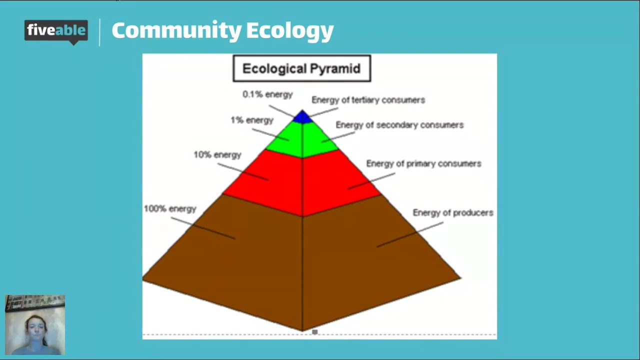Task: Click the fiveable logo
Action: pyautogui.click(x=56, y=31)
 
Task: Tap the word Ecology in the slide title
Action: pyautogui.click(x=289, y=31)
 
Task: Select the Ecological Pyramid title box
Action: pyautogui.click(x=301, y=68)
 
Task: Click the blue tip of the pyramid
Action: pyautogui.click(x=302, y=117)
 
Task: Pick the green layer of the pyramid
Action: pyautogui.click(x=302, y=139)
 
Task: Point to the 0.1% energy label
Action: pyautogui.click(x=267, y=94)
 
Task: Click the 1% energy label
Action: pyautogui.click(x=252, y=120)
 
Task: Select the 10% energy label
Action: pyautogui.click(x=217, y=155)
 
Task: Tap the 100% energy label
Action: pyautogui.click(x=170, y=209)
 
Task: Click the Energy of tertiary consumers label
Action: pyautogui.click(x=368, y=100)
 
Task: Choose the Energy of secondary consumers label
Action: pyautogui.click(x=399, y=125)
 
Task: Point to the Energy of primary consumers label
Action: pyautogui.click(x=423, y=163)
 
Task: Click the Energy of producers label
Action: pyautogui.click(x=452, y=213)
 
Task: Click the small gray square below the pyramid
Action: pyautogui.click(x=314, y=331)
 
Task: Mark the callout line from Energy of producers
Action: pyautogui.click(x=410, y=234)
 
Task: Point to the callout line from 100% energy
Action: pyautogui.click(x=202, y=228)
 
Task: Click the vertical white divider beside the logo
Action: pyautogui.click(x=100, y=32)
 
